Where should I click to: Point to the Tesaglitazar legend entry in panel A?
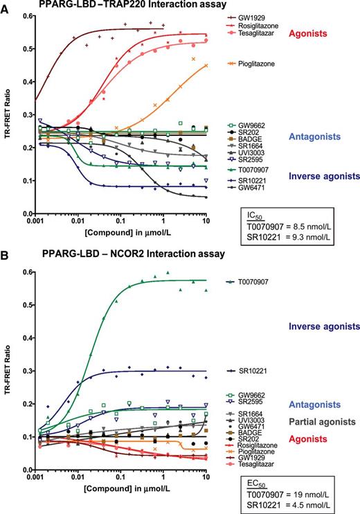[258, 33]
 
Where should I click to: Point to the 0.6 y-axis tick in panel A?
[27, 16]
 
